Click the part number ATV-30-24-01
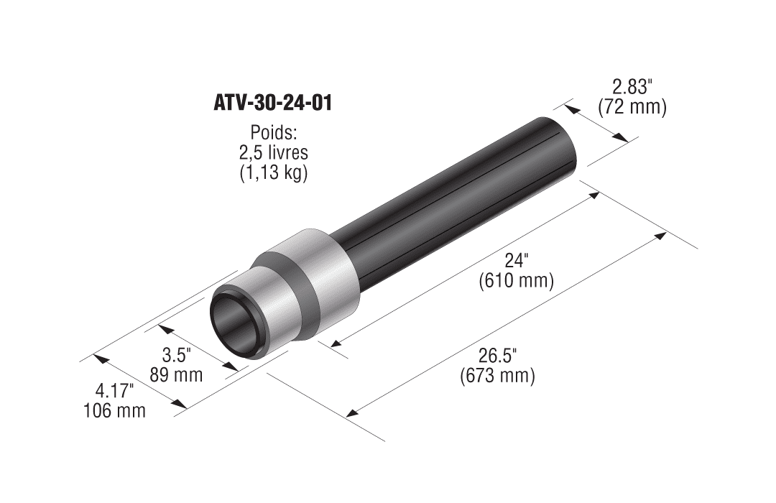[273, 103]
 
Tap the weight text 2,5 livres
[273, 152]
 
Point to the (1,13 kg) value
[274, 173]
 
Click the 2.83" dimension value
[630, 87]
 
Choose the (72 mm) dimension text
[632, 107]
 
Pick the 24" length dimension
[517, 260]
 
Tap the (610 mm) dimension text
[516, 281]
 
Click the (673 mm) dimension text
[497, 377]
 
